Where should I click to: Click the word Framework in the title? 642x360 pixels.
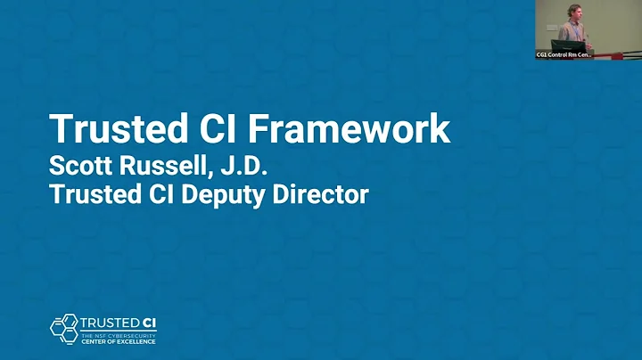349,130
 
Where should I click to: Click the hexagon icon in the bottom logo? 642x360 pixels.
63,328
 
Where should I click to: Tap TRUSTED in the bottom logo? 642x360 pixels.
107,323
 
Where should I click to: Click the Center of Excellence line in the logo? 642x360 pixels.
118,341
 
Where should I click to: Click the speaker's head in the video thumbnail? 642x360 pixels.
574,12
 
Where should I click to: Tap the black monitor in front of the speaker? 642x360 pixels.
567,45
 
